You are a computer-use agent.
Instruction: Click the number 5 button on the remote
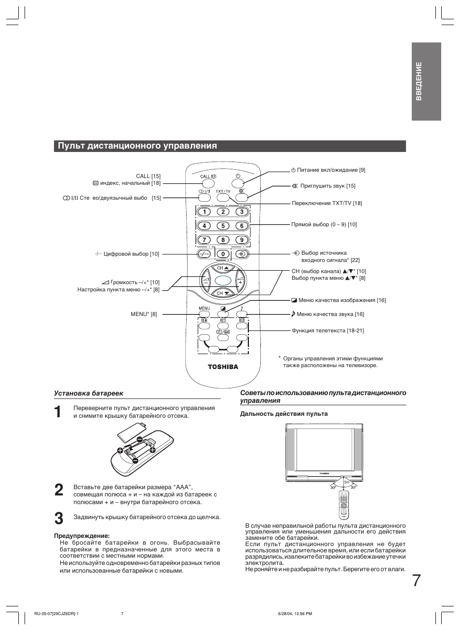click(223, 226)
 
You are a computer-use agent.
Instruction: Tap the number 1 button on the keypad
click(204, 211)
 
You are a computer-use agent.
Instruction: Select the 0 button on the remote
click(223, 254)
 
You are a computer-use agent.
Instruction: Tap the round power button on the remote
click(238, 183)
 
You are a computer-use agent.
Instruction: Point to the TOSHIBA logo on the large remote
click(223, 367)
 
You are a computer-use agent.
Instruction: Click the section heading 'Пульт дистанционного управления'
click(137, 146)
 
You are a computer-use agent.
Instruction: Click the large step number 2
click(58, 490)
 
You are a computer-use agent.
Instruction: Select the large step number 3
click(58, 518)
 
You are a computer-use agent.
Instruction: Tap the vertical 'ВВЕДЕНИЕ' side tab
click(426, 81)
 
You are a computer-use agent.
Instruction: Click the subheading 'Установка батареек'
click(88, 394)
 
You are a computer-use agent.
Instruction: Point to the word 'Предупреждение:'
click(81, 535)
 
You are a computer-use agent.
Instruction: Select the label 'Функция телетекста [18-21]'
click(327, 330)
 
